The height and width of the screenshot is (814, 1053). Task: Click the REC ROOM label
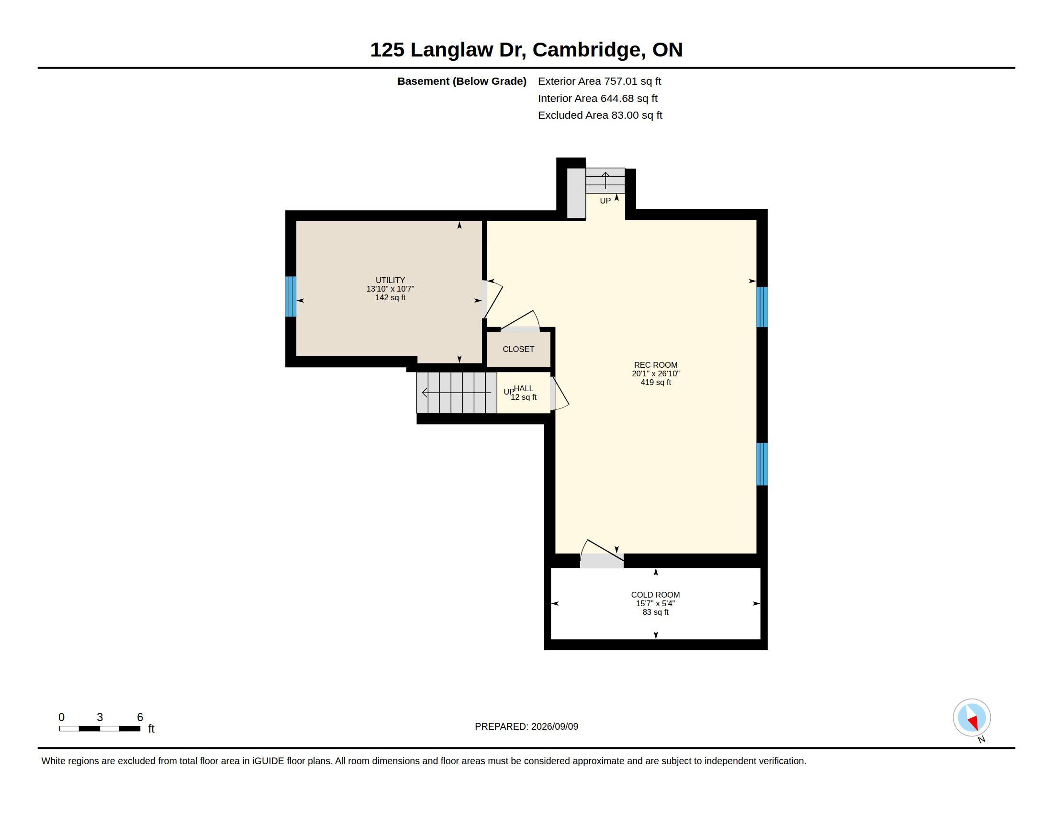(655, 365)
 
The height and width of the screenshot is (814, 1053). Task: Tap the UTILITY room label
(390, 280)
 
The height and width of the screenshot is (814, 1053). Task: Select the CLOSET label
(518, 349)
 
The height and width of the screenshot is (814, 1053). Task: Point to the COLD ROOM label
(655, 595)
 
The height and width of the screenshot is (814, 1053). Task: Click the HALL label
(524, 388)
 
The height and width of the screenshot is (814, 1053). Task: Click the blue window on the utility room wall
(290, 296)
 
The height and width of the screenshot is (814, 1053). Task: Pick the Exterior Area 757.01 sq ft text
(599, 81)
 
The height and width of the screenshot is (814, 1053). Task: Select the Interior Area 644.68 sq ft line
(597, 98)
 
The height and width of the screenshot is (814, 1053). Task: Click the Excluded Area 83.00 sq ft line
(600, 115)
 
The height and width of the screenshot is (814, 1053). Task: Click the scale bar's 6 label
(140, 717)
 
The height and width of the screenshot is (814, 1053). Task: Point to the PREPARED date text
(526, 726)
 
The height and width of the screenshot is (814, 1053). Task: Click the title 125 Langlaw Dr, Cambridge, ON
(526, 50)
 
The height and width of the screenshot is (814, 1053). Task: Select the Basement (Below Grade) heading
(461, 81)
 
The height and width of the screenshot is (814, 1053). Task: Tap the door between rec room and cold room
(602, 554)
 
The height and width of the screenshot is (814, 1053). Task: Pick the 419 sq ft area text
(656, 383)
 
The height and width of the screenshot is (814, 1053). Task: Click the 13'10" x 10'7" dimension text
(390, 289)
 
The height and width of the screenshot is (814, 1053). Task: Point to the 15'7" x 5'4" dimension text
(655, 604)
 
